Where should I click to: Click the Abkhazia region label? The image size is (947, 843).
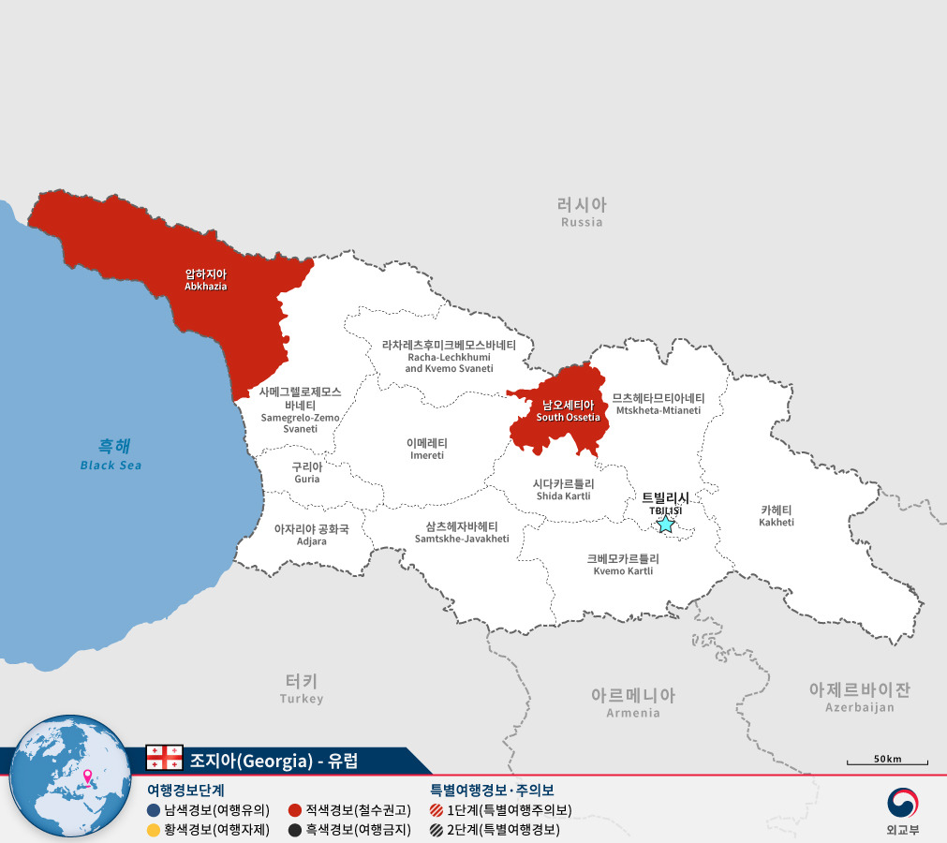205,279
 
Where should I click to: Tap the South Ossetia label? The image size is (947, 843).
568,410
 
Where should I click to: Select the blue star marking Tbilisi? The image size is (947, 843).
665,524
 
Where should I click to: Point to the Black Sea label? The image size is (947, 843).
111,454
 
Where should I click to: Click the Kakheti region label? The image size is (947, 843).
777,515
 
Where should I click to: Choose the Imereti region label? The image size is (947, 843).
427,449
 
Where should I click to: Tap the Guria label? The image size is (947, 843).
306,472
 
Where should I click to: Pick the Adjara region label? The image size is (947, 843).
311,535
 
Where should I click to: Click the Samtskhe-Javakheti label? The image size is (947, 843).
461,532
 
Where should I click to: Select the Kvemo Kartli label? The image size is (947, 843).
623,564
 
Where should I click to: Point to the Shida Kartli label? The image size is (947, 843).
563,489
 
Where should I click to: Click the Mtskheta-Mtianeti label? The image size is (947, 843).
658,404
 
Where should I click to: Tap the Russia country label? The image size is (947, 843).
582,212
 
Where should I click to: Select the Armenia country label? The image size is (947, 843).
632,702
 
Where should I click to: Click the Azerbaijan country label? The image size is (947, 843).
859,697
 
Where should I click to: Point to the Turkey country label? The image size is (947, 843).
302,688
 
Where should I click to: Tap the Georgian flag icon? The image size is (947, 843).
164,758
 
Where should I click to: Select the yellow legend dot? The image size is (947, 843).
154,830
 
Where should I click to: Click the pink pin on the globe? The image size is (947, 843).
88,776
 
